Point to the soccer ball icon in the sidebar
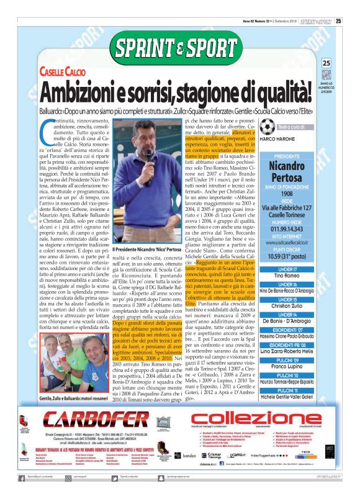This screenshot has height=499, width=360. point(268,127)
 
